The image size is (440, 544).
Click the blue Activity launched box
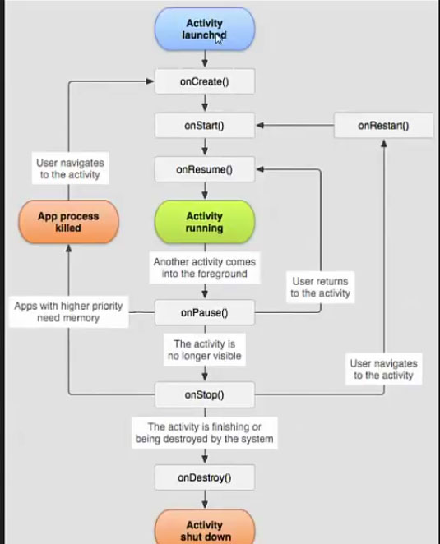(205, 29)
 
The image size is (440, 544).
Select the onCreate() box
(205, 81)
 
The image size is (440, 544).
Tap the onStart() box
(205, 125)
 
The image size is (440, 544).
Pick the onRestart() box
(383, 125)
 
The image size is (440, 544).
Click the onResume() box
(205, 169)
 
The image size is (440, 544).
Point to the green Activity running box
(205, 222)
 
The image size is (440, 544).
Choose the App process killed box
(68, 222)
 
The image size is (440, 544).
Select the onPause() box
(205, 312)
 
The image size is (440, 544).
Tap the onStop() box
(205, 394)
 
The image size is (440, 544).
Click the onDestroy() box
(205, 477)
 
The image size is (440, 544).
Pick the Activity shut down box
(205, 528)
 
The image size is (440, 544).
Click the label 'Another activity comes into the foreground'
(205, 268)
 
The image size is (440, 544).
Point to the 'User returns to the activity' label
(320, 288)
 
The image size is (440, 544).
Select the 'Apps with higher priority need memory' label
(68, 312)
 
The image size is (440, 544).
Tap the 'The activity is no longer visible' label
(205, 350)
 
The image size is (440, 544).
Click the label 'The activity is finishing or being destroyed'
(205, 433)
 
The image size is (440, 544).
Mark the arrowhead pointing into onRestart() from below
(384, 143)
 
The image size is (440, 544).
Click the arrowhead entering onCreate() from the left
(150, 81)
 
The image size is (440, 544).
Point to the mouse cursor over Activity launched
(218, 39)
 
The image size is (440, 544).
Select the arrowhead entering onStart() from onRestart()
(260, 125)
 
